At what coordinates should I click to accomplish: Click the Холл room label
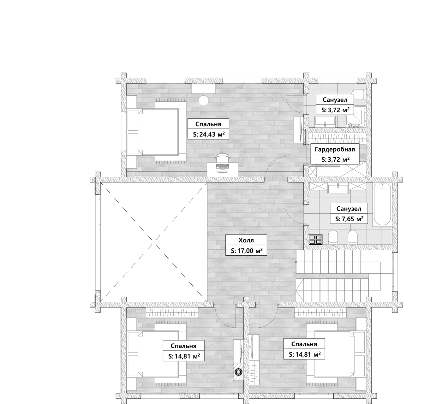[246, 240]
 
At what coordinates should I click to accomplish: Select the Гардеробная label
[335, 149]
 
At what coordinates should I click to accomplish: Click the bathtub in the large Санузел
[382, 205]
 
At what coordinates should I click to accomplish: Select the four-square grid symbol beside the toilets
[316, 240]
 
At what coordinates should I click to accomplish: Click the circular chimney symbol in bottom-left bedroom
[238, 372]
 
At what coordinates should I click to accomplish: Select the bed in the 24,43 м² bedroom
[157, 132]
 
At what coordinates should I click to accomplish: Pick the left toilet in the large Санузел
[333, 237]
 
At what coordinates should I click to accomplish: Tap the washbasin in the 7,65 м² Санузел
[338, 188]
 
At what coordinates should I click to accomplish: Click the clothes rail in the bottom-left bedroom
[172, 313]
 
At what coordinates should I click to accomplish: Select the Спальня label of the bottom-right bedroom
[304, 344]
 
